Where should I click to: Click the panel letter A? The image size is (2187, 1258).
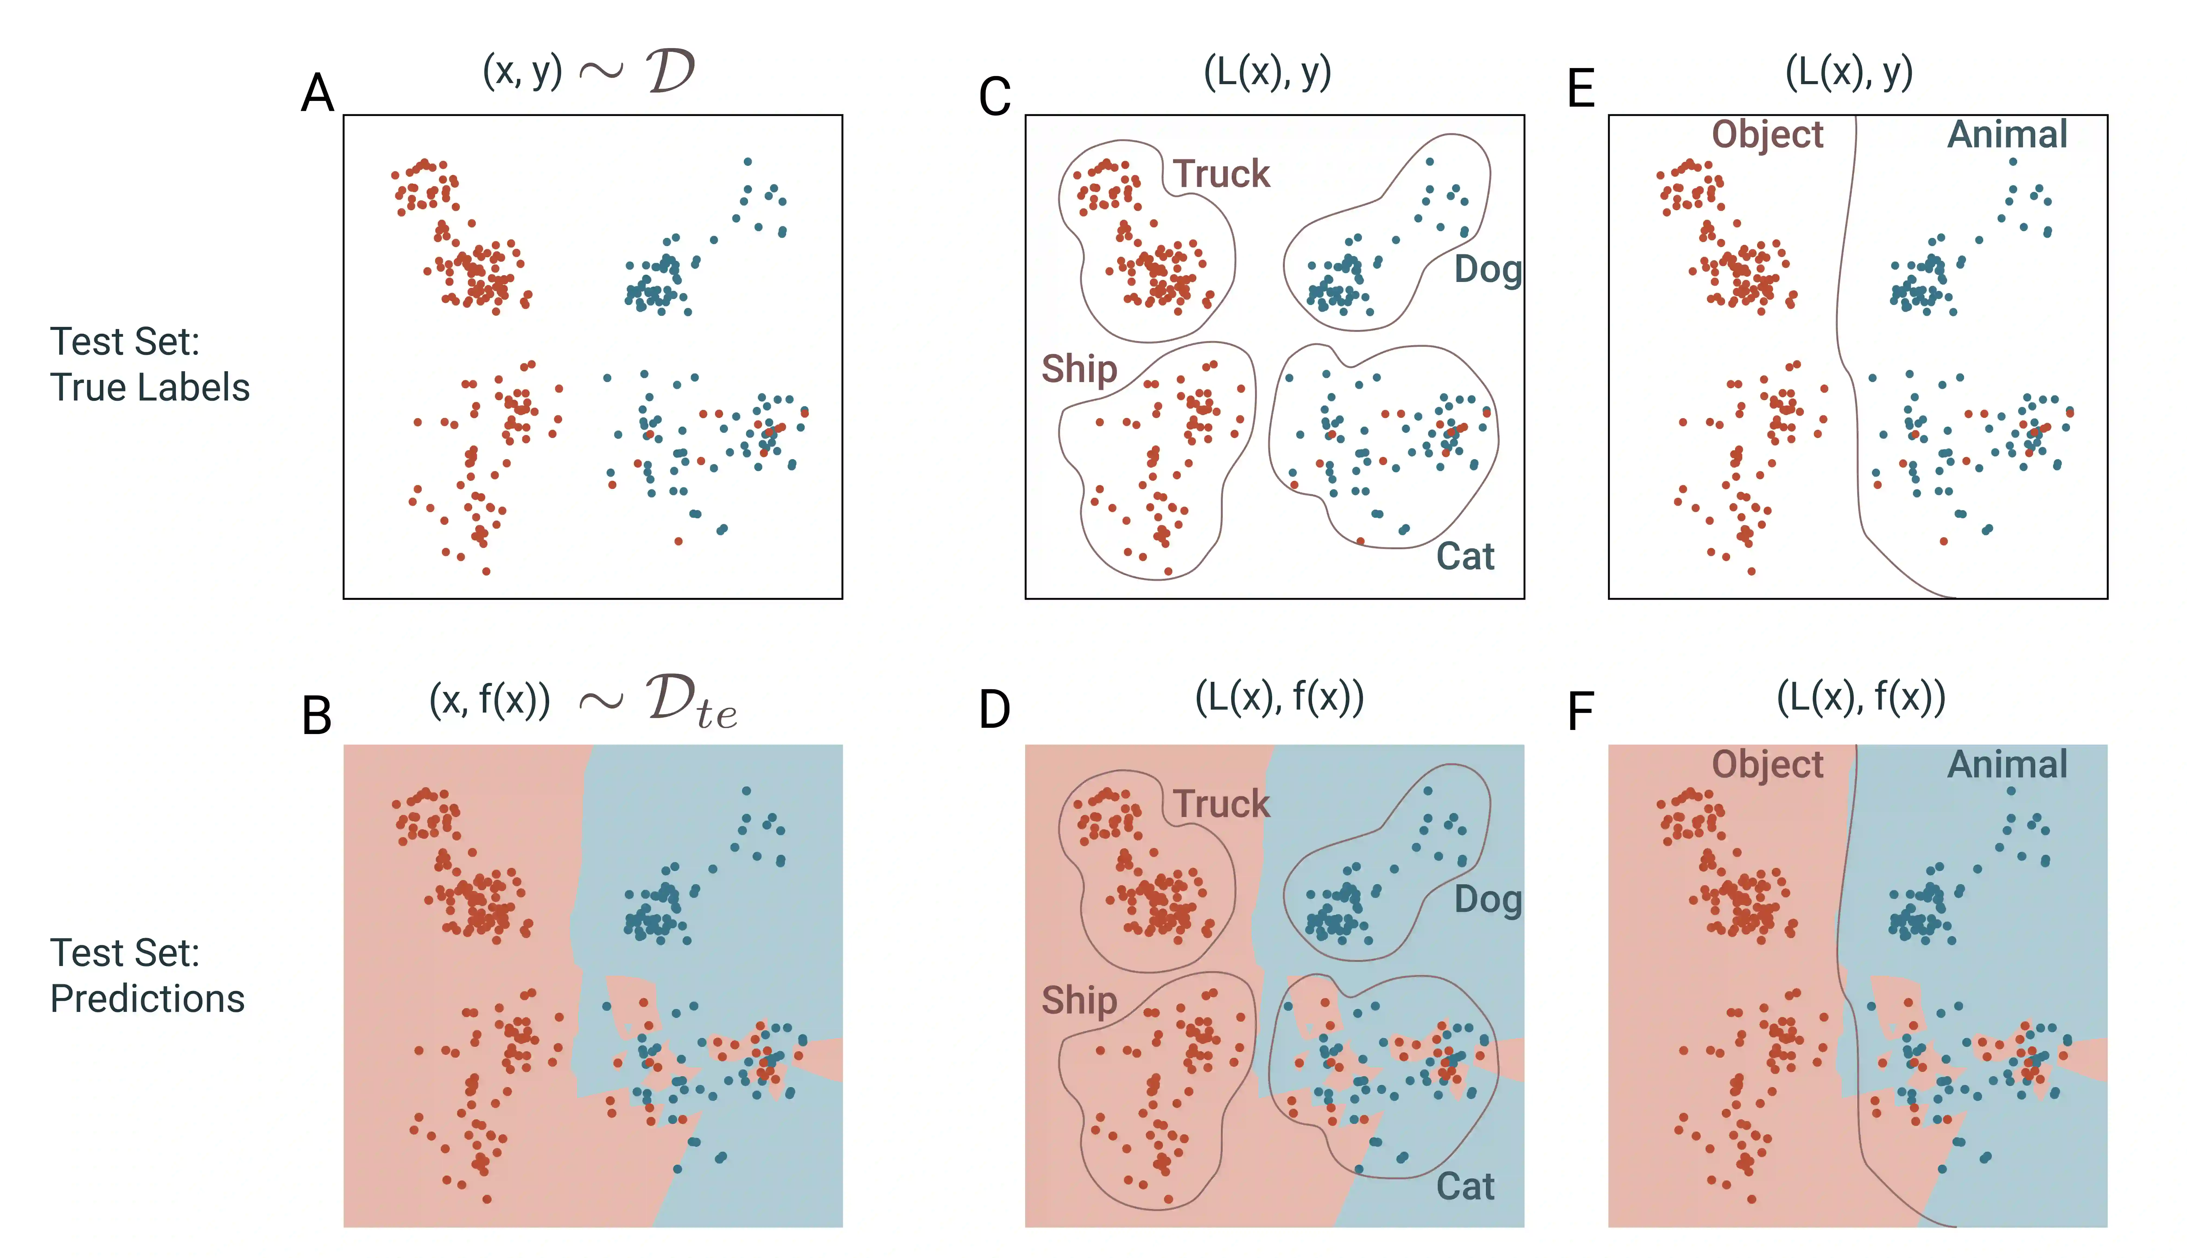(x=317, y=93)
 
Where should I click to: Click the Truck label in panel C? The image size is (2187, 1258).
(x=1221, y=174)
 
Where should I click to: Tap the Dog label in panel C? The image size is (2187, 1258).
(x=1487, y=269)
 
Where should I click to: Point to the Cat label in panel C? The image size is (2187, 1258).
(x=1466, y=557)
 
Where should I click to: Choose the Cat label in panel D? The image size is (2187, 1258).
(x=1466, y=1186)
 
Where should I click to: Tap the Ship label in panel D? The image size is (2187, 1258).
(x=1079, y=1000)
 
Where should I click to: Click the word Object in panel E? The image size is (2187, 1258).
(x=1767, y=135)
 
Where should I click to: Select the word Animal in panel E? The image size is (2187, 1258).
(x=2007, y=135)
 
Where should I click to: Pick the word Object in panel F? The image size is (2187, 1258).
(x=1767, y=765)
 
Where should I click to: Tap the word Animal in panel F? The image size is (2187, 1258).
(x=2007, y=765)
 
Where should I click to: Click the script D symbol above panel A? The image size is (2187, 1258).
(x=670, y=71)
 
